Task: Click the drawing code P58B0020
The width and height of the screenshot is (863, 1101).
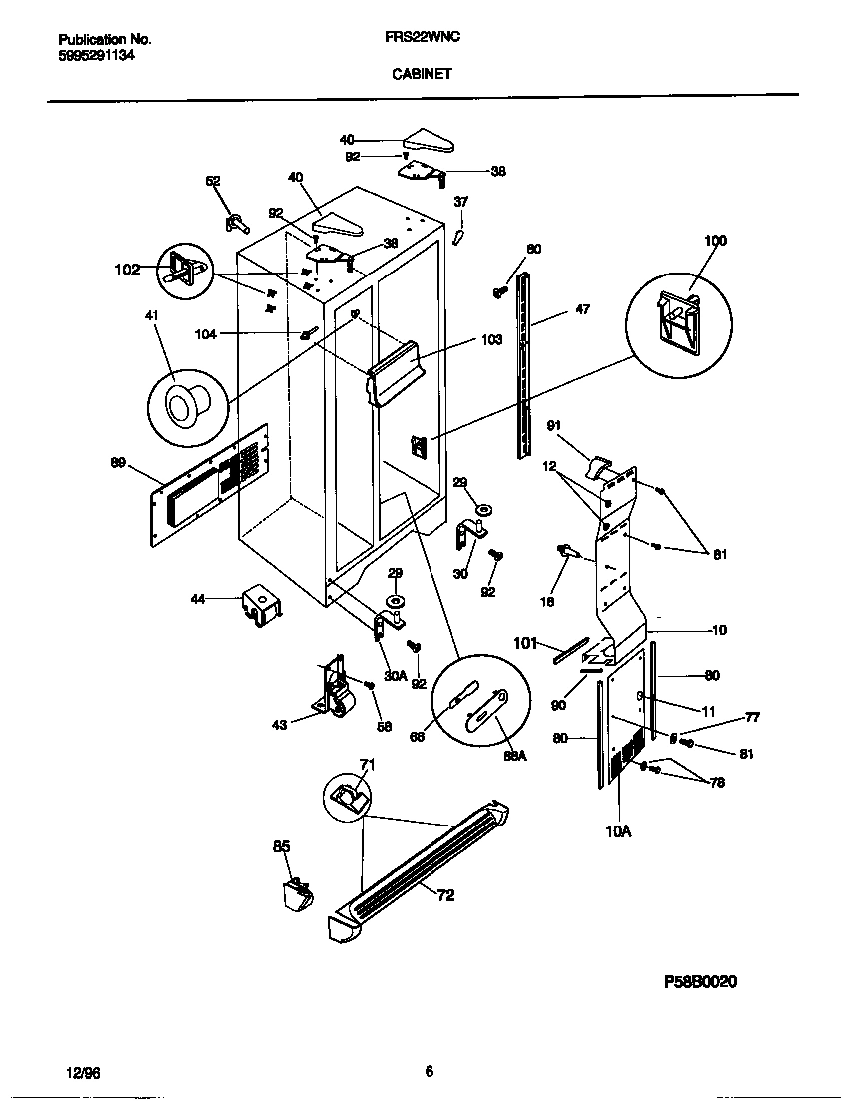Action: click(x=700, y=981)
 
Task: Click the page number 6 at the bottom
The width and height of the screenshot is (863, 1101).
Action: click(x=429, y=1072)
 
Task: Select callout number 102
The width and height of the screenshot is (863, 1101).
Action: click(x=127, y=270)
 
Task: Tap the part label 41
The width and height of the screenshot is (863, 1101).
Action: click(x=151, y=315)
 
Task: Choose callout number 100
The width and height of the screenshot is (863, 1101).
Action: click(x=715, y=241)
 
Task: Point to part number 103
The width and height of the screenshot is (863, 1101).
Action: click(x=490, y=340)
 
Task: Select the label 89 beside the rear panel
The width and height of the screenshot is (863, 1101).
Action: click(x=118, y=462)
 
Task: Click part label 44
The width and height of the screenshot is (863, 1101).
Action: click(x=198, y=599)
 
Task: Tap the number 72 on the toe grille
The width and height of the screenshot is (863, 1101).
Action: click(x=444, y=895)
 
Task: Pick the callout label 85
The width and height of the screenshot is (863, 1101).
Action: click(x=282, y=846)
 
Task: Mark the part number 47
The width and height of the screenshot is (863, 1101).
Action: click(x=582, y=309)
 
